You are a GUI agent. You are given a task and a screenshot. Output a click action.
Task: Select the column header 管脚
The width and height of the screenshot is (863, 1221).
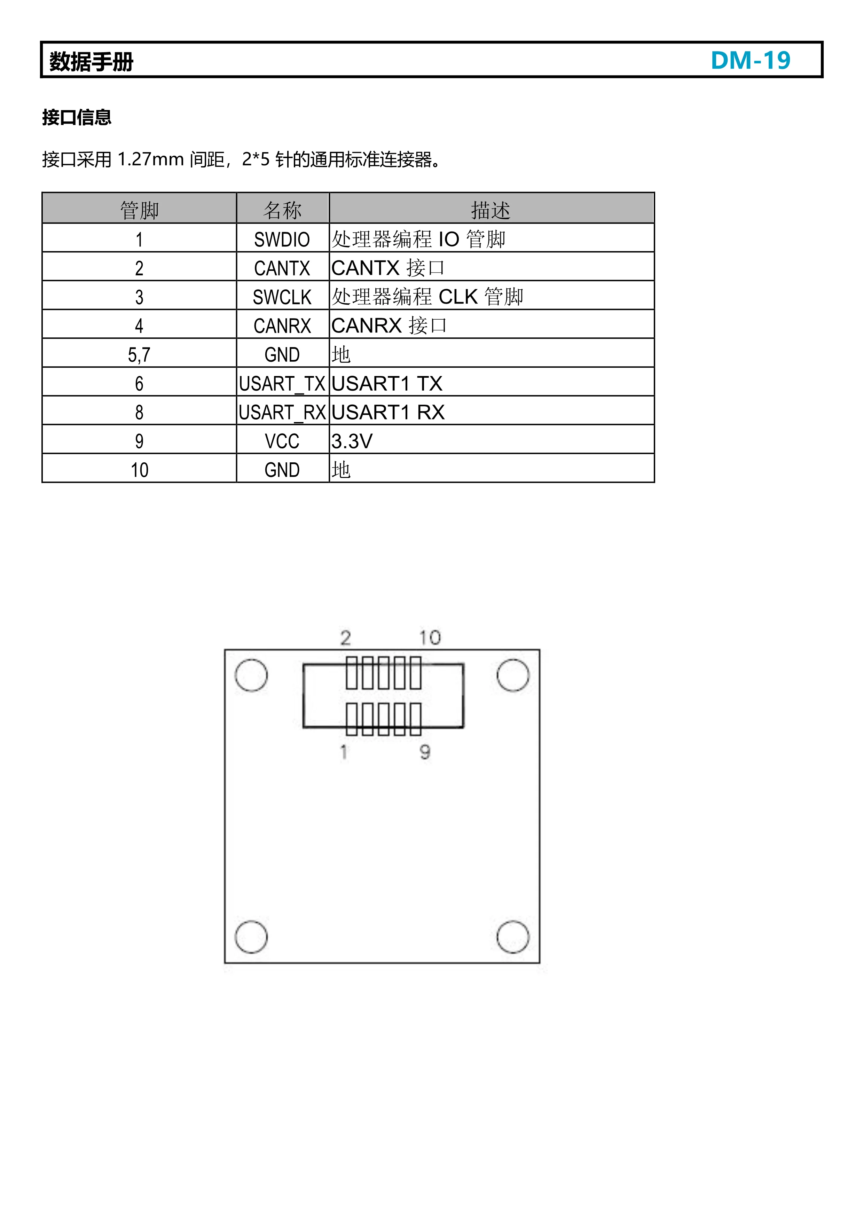(139, 210)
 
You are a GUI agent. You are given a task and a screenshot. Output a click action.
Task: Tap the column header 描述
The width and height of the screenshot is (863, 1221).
(490, 210)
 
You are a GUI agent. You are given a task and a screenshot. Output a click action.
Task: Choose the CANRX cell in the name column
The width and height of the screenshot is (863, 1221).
(282, 326)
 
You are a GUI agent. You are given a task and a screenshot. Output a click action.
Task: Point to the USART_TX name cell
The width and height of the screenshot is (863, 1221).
(282, 383)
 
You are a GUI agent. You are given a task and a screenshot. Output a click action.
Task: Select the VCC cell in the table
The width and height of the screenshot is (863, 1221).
(282, 441)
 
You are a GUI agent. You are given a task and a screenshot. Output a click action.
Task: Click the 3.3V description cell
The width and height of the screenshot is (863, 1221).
(352, 441)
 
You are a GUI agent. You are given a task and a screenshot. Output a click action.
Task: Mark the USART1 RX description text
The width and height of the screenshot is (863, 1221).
(387, 412)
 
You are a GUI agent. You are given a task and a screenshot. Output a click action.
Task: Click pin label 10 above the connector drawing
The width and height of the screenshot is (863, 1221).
(430, 637)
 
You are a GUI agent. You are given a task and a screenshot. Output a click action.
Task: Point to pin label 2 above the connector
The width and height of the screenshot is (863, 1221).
(346, 637)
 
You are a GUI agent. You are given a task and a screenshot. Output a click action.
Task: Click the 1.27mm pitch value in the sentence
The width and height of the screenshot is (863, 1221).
(150, 159)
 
